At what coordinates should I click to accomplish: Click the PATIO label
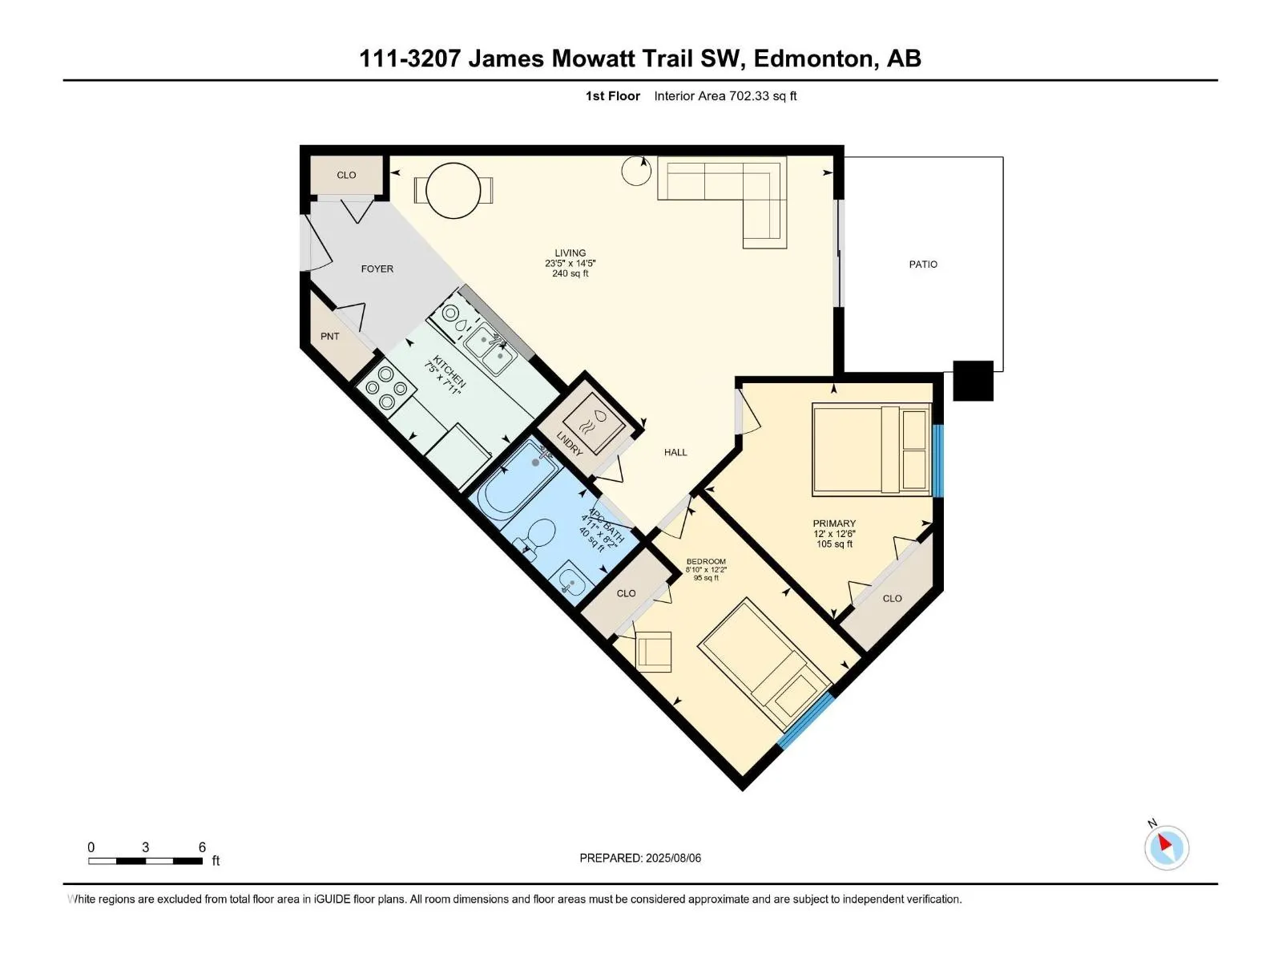click(923, 265)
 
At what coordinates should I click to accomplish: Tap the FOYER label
click(377, 269)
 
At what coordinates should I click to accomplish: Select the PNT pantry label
click(330, 337)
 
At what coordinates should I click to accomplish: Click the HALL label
click(675, 452)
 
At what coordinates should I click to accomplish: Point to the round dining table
click(454, 191)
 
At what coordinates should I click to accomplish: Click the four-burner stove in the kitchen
click(385, 387)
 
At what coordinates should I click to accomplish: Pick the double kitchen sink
click(490, 349)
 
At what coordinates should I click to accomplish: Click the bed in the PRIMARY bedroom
click(872, 451)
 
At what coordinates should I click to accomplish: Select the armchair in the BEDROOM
click(654, 651)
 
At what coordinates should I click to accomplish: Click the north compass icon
click(1167, 847)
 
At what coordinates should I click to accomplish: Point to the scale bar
click(146, 861)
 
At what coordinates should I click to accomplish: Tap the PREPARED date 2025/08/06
click(673, 858)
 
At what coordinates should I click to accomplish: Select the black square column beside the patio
click(973, 381)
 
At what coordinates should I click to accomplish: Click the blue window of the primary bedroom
click(938, 461)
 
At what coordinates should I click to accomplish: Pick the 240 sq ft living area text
click(570, 273)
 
